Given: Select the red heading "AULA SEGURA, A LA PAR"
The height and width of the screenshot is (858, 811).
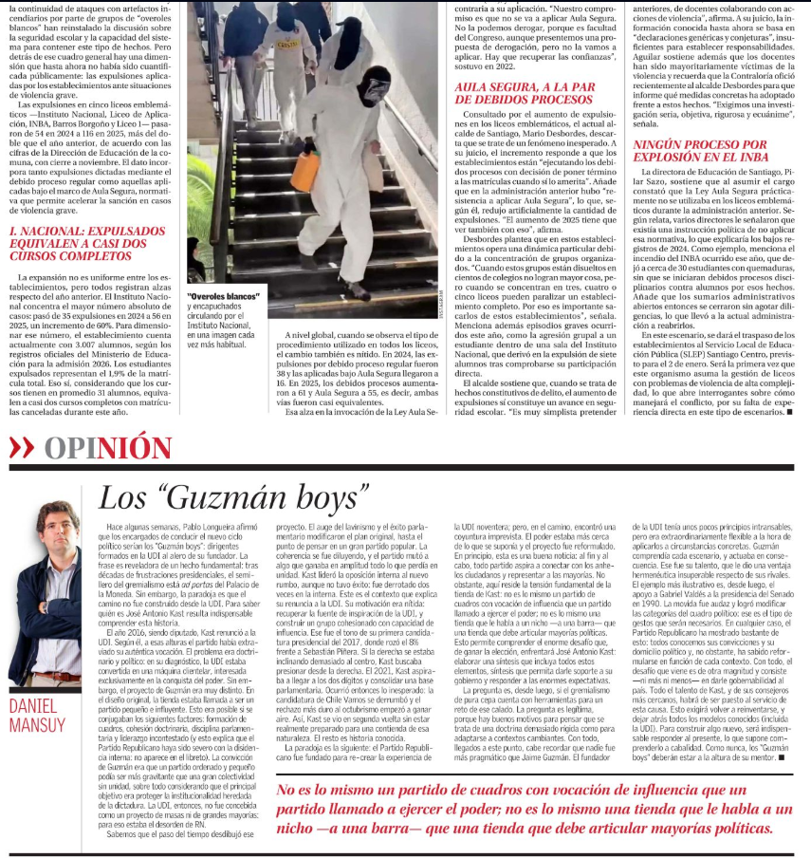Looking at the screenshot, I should click(525, 92).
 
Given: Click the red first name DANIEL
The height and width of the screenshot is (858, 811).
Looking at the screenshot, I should click(36, 705).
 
